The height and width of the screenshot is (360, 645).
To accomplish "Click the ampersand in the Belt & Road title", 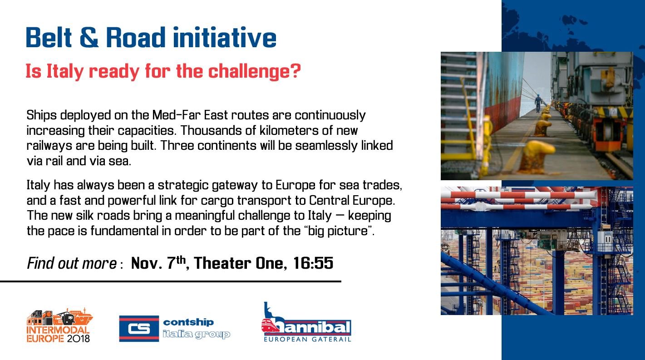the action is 89,37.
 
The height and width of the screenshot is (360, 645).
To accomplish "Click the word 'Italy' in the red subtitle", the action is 64,71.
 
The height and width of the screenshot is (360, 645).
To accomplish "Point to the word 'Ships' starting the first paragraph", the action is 41,115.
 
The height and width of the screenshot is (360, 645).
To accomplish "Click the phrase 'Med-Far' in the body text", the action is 176,115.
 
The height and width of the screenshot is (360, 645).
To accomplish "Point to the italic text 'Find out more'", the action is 72,263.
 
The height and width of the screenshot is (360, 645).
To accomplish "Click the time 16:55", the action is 313,263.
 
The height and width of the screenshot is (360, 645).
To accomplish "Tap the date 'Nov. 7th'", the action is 158,263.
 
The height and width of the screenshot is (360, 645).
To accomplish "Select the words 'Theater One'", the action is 240,263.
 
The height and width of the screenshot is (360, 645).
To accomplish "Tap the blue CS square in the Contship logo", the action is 139,329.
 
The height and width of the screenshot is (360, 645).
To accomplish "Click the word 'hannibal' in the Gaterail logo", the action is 311,328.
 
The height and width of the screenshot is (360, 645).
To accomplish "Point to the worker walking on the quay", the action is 538,103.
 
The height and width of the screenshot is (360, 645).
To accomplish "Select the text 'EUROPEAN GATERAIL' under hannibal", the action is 308,339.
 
